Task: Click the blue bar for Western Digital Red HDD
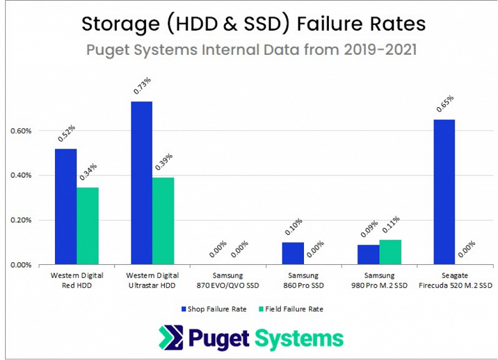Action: (66, 206)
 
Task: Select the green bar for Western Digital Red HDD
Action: (87, 226)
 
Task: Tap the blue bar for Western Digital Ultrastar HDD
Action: (141, 183)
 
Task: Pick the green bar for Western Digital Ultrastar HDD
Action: (163, 221)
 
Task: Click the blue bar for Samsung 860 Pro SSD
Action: (292, 253)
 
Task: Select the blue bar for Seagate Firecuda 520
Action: (444, 191)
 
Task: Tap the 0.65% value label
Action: (445, 104)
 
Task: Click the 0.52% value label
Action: (66, 133)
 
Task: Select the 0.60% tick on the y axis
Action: (21, 131)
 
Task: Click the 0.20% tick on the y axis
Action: (21, 220)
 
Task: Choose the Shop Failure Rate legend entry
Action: (213, 309)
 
